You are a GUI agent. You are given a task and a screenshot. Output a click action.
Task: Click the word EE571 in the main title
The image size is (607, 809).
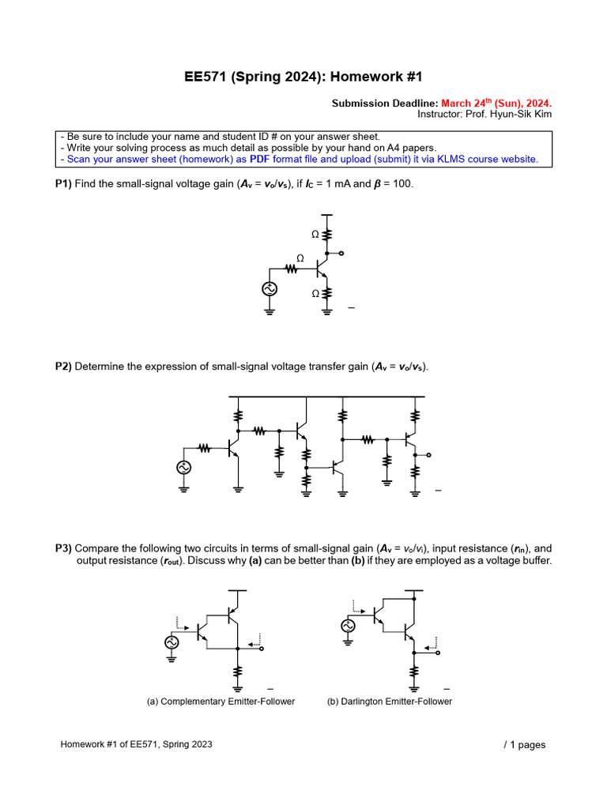pos(206,77)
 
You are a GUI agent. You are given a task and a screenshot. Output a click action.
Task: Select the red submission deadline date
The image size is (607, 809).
pos(496,103)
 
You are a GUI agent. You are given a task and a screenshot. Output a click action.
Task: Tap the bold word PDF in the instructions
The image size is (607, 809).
pos(260,159)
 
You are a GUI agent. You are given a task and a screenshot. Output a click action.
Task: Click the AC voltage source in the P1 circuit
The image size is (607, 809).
pos(269,289)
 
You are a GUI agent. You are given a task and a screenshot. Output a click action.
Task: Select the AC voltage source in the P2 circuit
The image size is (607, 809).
pos(184,467)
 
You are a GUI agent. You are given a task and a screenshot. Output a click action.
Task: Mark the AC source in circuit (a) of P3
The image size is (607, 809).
pos(172,642)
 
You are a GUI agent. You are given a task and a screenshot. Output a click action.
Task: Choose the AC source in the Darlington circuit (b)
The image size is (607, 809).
pos(348,626)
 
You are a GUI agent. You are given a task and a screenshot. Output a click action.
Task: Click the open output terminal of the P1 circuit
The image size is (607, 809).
pos(341,253)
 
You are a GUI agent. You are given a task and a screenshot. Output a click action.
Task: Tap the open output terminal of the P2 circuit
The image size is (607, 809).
pos(428,455)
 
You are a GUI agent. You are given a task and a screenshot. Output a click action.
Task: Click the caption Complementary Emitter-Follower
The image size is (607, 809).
pos(221,702)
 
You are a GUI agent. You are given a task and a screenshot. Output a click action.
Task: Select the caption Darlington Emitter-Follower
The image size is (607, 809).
pos(389,702)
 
